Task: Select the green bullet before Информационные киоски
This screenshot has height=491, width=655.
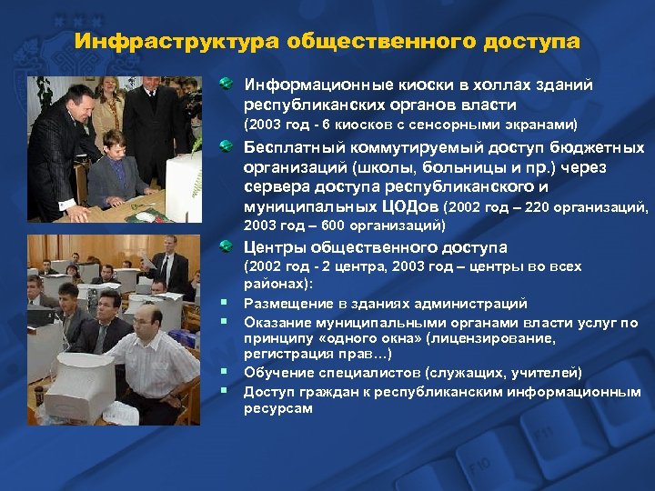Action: tap(227, 85)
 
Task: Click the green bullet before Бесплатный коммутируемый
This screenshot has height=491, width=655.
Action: tap(227, 148)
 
